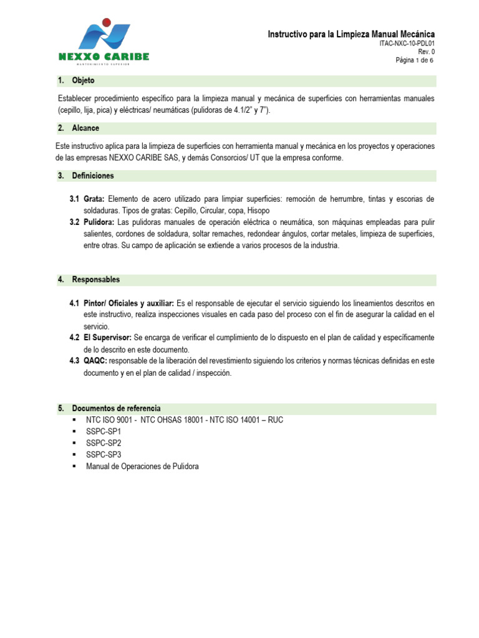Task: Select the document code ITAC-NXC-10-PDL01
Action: coord(407,44)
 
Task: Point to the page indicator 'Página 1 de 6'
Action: coord(415,60)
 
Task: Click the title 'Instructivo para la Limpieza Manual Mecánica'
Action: coord(351,34)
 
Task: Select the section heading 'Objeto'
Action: coord(83,81)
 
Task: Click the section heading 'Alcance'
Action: coord(85,128)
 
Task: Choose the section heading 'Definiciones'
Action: coord(93,176)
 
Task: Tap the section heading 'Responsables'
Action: coord(96,280)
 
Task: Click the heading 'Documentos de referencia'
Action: coord(116,408)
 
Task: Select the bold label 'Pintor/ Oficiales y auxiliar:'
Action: coord(128,303)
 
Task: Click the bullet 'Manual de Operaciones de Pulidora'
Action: coord(142,467)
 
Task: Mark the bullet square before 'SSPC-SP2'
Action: coord(75,443)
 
